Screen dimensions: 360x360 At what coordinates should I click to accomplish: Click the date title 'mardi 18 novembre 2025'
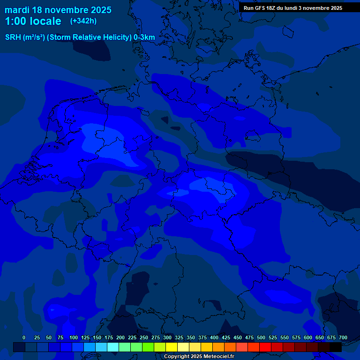pyautogui.click(x=58, y=10)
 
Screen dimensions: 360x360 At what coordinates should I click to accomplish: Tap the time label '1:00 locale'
pyautogui.click(x=33, y=21)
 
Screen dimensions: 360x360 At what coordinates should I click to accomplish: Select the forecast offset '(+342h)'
pyautogui.click(x=83, y=21)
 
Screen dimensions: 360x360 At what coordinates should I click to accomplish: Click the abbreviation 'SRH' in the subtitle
pyautogui.click(x=13, y=37)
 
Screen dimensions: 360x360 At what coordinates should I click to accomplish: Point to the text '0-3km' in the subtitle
pyautogui.click(x=144, y=37)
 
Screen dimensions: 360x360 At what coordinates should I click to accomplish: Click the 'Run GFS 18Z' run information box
pyautogui.click(x=293, y=8)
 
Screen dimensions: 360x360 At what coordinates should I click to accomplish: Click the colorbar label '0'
pyautogui.click(x=24, y=337)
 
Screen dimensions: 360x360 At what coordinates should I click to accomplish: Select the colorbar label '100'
pyautogui.click(x=74, y=337)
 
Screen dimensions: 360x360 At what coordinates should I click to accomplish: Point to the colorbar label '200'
pyautogui.click(x=120, y=337)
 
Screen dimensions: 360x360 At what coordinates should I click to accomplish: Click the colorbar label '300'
pyautogui.click(x=167, y=337)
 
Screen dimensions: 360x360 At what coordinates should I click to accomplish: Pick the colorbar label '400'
pyautogui.click(x=214, y=337)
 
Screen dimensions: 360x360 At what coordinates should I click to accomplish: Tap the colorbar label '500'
pyautogui.click(x=261, y=337)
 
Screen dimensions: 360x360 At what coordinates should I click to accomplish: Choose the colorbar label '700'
pyautogui.click(x=343, y=337)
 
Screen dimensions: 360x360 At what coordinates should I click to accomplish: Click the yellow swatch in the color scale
pyautogui.click(x=172, y=347)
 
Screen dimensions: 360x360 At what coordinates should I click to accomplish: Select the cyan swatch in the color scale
pyautogui.click(x=113, y=347)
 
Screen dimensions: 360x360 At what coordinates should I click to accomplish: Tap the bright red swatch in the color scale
pyautogui.click(x=265, y=347)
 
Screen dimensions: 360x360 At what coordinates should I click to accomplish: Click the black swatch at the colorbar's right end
pyautogui.click(x=336, y=347)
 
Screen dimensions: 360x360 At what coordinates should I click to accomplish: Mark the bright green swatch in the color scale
pyautogui.click(x=148, y=347)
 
